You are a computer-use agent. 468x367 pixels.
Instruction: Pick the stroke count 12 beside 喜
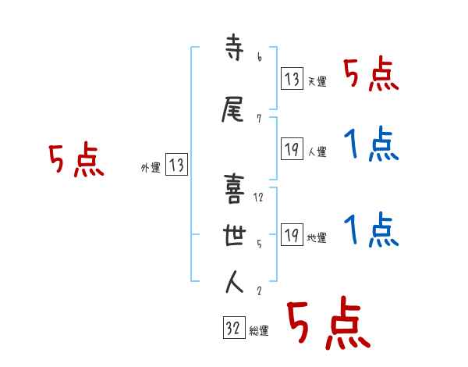tap(260, 198)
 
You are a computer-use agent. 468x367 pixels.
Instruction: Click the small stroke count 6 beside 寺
tap(259, 57)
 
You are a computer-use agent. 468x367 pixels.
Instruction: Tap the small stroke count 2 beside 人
tap(258, 290)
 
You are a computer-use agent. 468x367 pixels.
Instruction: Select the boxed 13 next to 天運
tap(292, 78)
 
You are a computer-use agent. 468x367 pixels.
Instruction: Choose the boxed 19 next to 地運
tap(292, 235)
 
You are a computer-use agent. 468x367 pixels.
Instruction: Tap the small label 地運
tap(317, 238)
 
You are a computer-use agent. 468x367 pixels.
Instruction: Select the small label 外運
tap(151, 167)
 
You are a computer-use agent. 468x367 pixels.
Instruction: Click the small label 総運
tap(259, 331)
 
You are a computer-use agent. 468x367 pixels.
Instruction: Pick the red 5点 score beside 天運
tap(370, 74)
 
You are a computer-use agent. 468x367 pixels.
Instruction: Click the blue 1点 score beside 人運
tap(370, 145)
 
